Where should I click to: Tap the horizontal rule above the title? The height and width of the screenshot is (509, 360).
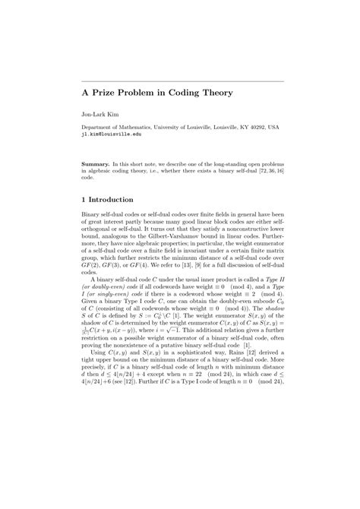click(182, 81)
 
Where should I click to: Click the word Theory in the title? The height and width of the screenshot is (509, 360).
click(191, 93)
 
